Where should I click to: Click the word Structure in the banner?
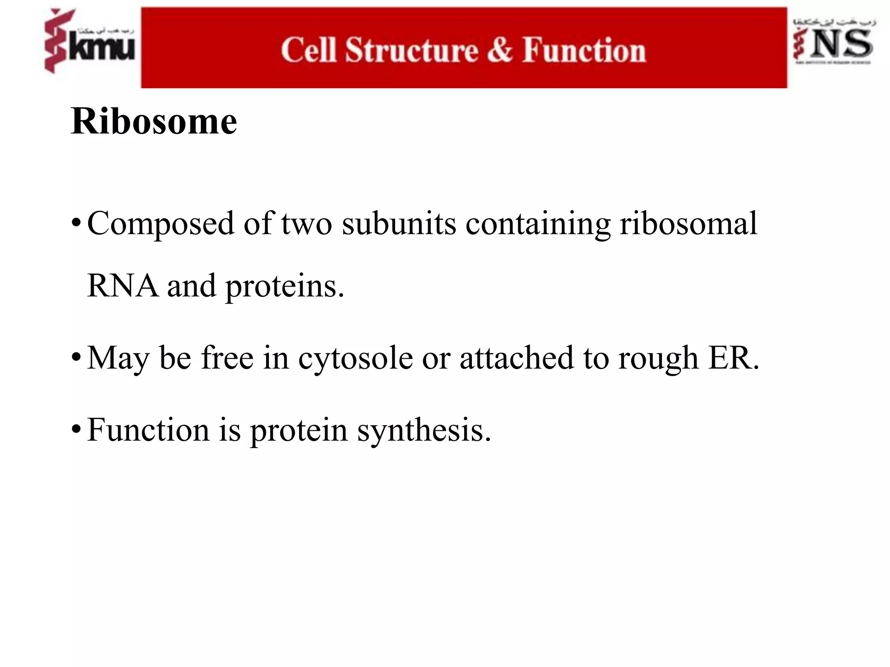click(x=412, y=50)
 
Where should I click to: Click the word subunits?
click(x=399, y=224)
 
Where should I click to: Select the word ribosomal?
click(x=688, y=224)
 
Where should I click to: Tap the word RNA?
click(x=123, y=286)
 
